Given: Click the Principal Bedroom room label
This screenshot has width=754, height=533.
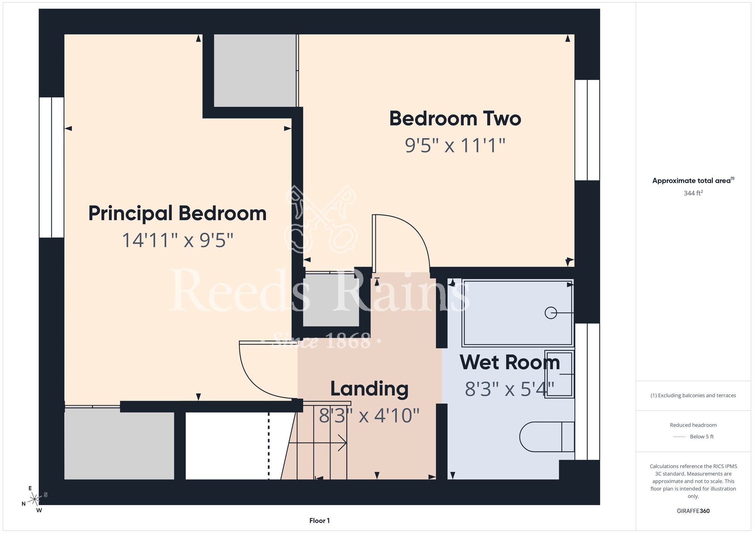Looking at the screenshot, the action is click(x=177, y=214).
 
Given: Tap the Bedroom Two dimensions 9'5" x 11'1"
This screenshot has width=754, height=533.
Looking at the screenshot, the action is click(x=455, y=146).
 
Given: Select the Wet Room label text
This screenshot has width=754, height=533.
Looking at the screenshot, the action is click(x=510, y=362).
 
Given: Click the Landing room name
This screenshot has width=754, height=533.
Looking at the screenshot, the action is click(x=369, y=389).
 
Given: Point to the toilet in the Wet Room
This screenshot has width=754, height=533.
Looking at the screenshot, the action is click(x=547, y=437).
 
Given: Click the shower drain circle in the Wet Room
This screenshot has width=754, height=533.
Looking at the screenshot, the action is click(x=551, y=313).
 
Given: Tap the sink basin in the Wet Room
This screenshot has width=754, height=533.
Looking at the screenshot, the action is click(x=559, y=374).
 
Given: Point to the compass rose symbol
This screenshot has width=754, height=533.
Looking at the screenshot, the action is click(x=34, y=499).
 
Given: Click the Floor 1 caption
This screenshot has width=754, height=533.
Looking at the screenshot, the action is click(x=319, y=521).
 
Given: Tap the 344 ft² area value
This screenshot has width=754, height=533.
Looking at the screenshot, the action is click(x=693, y=193).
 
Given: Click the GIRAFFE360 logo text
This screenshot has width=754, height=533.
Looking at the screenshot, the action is click(x=693, y=511).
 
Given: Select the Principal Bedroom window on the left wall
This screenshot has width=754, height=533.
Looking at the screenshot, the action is click(x=52, y=167).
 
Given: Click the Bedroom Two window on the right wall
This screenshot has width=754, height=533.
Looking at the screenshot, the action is click(x=587, y=130).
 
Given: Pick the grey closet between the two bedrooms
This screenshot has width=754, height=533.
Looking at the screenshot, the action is click(x=255, y=70).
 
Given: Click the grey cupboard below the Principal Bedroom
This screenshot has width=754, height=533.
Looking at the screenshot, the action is click(x=119, y=446).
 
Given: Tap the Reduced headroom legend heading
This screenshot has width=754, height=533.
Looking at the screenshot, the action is click(x=693, y=425).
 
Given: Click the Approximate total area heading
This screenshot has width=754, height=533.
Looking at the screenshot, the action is click(x=693, y=181).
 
